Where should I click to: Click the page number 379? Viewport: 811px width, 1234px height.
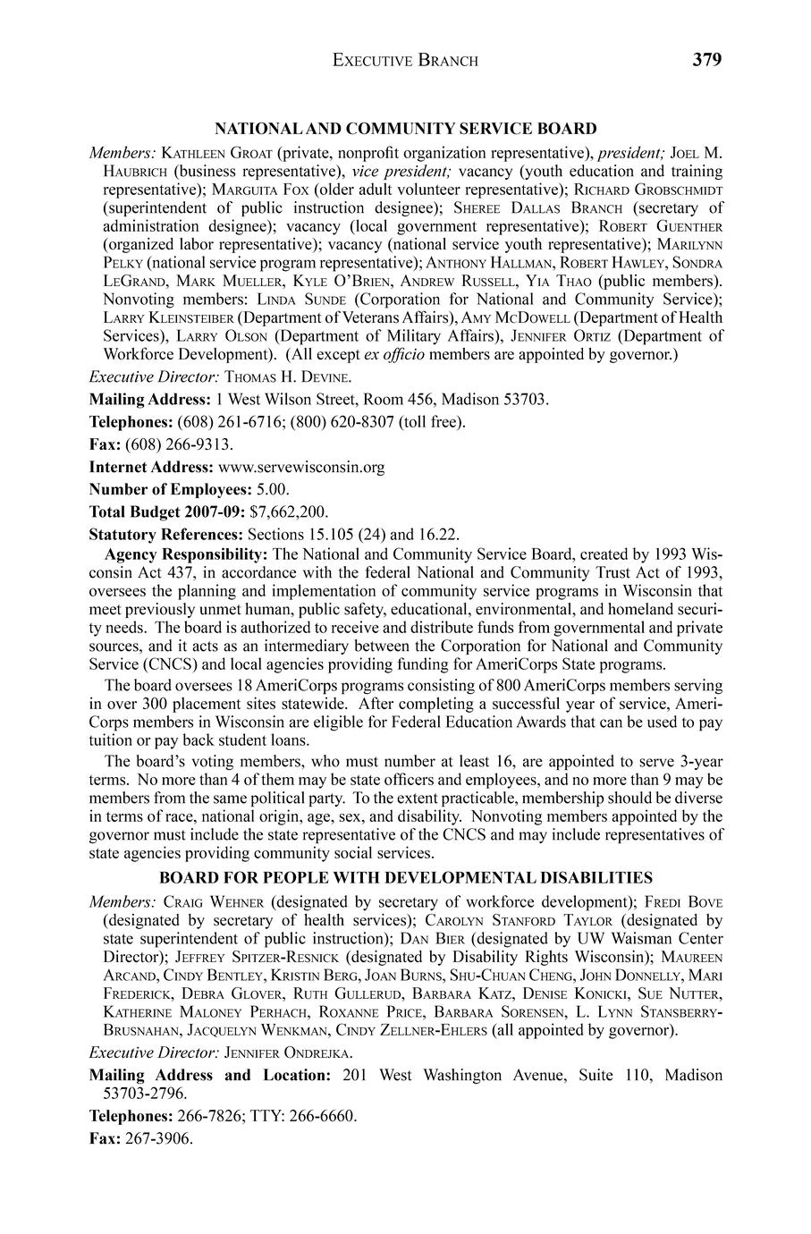[706, 60]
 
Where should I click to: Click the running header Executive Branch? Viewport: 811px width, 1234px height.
[405, 61]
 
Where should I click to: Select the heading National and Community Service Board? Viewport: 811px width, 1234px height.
[405, 129]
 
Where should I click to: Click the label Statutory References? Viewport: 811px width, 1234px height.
[165, 535]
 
